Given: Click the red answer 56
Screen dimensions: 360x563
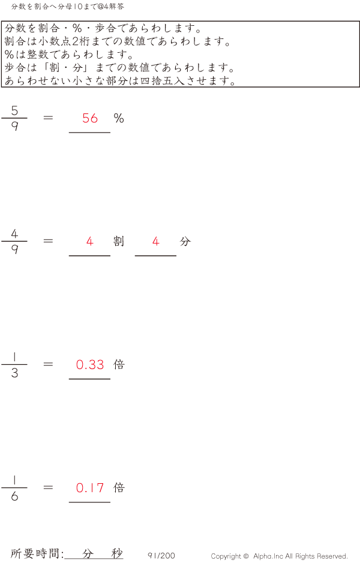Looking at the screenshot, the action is pyautogui.click(x=90, y=118).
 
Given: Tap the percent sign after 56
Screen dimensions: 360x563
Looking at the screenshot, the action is pyautogui.click(x=119, y=118).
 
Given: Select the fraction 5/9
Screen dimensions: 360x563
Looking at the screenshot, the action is pyautogui.click(x=14, y=118).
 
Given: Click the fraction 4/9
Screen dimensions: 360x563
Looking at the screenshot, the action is pyautogui.click(x=14, y=241).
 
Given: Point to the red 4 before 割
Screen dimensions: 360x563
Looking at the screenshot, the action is pyautogui.click(x=90, y=241).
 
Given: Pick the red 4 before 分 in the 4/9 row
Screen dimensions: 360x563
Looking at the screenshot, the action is pyautogui.click(x=155, y=241).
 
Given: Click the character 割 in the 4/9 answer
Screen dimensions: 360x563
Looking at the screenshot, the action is pyautogui.click(x=119, y=241).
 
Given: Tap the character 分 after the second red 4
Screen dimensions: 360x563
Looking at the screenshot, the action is pyautogui.click(x=185, y=241).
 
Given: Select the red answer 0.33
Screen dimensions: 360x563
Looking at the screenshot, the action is pyautogui.click(x=90, y=364).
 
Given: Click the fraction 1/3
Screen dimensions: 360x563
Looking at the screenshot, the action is pyautogui.click(x=14, y=364).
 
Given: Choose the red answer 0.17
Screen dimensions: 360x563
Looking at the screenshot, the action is pyautogui.click(x=90, y=487).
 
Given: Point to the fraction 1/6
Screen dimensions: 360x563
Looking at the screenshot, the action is pyautogui.click(x=14, y=487).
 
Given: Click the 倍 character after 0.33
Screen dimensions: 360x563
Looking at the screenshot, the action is pyautogui.click(x=119, y=364).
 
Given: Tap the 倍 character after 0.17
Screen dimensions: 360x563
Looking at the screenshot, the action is pyautogui.click(x=119, y=487).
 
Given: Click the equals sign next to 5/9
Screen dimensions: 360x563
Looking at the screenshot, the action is pyautogui.click(x=48, y=118).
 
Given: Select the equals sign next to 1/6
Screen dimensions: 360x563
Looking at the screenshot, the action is pyautogui.click(x=48, y=487).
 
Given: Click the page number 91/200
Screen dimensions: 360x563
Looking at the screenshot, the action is pyautogui.click(x=161, y=555).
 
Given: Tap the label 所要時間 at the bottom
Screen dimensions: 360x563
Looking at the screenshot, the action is pyautogui.click(x=35, y=553).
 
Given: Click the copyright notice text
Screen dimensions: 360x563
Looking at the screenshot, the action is pyautogui.click(x=279, y=556).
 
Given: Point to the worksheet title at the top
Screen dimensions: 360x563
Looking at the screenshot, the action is pyautogui.click(x=68, y=7).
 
